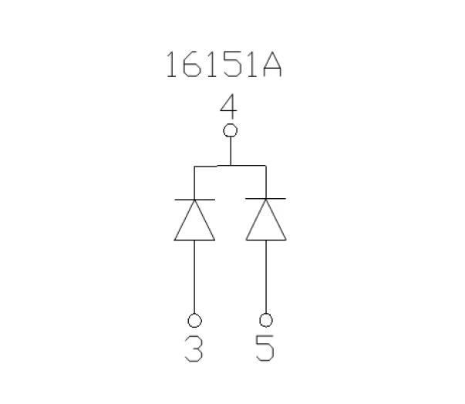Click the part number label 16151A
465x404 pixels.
(224, 66)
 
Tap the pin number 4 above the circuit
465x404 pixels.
(229, 106)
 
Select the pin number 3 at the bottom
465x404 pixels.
(194, 349)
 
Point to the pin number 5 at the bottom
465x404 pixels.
(266, 349)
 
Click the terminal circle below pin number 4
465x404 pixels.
(229, 130)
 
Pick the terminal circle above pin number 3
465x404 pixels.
(194, 319)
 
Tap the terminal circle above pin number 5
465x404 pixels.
(266, 319)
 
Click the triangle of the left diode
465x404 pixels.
(194, 221)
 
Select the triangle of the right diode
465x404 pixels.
(266, 221)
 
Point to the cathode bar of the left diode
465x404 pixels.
(194, 199)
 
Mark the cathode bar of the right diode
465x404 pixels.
(266, 199)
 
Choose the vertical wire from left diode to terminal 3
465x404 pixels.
(194, 278)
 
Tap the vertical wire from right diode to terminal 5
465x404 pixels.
(266, 278)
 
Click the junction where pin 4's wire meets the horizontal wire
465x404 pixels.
(229, 166)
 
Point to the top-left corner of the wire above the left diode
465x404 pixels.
(194, 166)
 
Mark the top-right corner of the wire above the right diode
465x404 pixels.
(266, 166)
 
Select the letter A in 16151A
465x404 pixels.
(271, 66)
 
